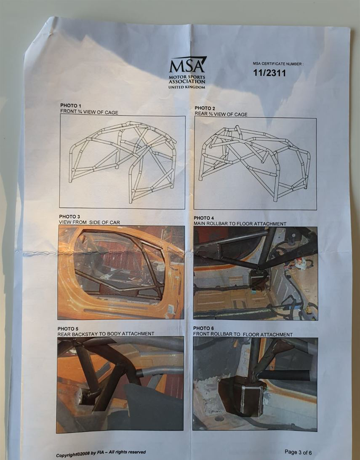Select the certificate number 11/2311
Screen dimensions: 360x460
[x=269, y=73]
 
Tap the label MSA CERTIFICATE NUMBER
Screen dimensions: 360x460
[x=278, y=63]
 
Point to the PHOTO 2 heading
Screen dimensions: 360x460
[x=205, y=108]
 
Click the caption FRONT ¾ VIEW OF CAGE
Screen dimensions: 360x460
[x=89, y=112]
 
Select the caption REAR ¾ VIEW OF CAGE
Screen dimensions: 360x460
[x=221, y=114]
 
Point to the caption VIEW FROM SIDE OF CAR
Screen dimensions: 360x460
[x=89, y=222]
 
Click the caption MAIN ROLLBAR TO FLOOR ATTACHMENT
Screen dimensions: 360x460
[x=240, y=224]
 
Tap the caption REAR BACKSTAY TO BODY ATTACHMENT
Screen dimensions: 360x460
[x=106, y=334]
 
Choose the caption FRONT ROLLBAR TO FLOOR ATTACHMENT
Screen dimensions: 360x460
[x=243, y=334]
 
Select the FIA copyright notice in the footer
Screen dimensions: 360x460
[x=101, y=454]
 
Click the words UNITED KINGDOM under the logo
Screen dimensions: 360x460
[x=187, y=87]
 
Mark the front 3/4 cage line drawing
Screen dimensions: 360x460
[x=123, y=161]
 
